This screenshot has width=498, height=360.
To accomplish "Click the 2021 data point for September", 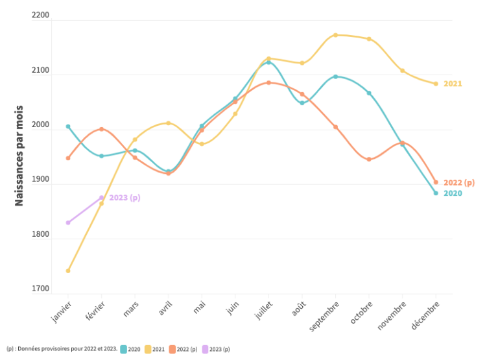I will point(335,35).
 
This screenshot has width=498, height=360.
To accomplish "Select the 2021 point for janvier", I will point(68,270).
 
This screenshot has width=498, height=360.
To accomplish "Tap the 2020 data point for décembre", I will point(436,193).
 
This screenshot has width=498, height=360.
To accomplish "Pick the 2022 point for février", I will point(101,129).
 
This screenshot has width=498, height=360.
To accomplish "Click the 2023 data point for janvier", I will point(68,222).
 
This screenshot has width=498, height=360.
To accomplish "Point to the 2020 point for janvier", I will point(68,126).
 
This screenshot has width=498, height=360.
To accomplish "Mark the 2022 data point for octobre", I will point(369,159).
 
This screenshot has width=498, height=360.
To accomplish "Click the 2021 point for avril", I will point(169,123).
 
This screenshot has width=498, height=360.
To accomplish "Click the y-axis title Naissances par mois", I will point(19,156).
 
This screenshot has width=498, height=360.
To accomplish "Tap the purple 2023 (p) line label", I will point(124,197).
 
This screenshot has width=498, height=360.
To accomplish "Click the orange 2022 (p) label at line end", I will point(459,183).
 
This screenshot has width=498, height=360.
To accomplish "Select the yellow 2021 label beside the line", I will point(453,84).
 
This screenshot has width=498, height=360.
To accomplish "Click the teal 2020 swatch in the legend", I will point(123,349).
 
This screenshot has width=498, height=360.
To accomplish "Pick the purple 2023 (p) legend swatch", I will point(205,349).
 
